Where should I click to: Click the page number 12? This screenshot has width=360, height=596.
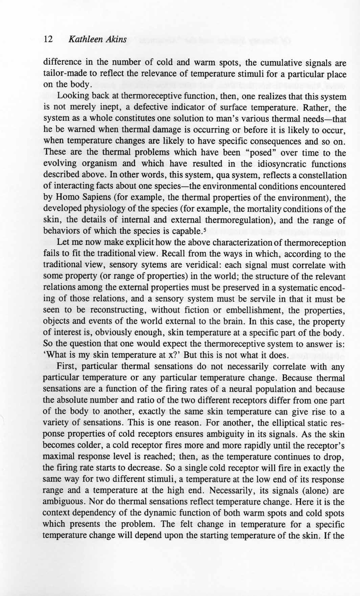click(x=48, y=40)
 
